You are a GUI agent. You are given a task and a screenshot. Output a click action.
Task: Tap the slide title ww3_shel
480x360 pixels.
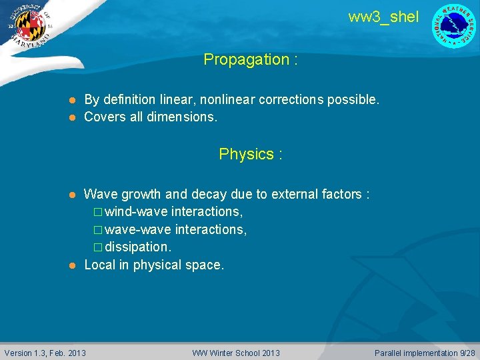pyautogui.click(x=383, y=17)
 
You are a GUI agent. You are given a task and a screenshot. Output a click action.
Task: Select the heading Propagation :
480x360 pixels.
pyautogui.click(x=251, y=59)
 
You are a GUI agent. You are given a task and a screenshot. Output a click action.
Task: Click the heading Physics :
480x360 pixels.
pyautogui.click(x=251, y=154)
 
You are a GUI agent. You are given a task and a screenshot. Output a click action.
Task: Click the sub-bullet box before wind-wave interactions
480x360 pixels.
pyautogui.click(x=98, y=213)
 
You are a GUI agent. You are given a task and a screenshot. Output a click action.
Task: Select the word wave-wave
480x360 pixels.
pyautogui.click(x=137, y=229)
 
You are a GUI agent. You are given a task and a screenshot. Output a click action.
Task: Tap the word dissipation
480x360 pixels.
pyautogui.click(x=137, y=247)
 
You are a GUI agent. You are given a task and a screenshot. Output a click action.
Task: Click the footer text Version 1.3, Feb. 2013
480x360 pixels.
pyautogui.click(x=45, y=353)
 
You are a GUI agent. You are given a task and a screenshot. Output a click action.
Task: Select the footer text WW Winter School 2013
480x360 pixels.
pyautogui.click(x=236, y=353)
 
